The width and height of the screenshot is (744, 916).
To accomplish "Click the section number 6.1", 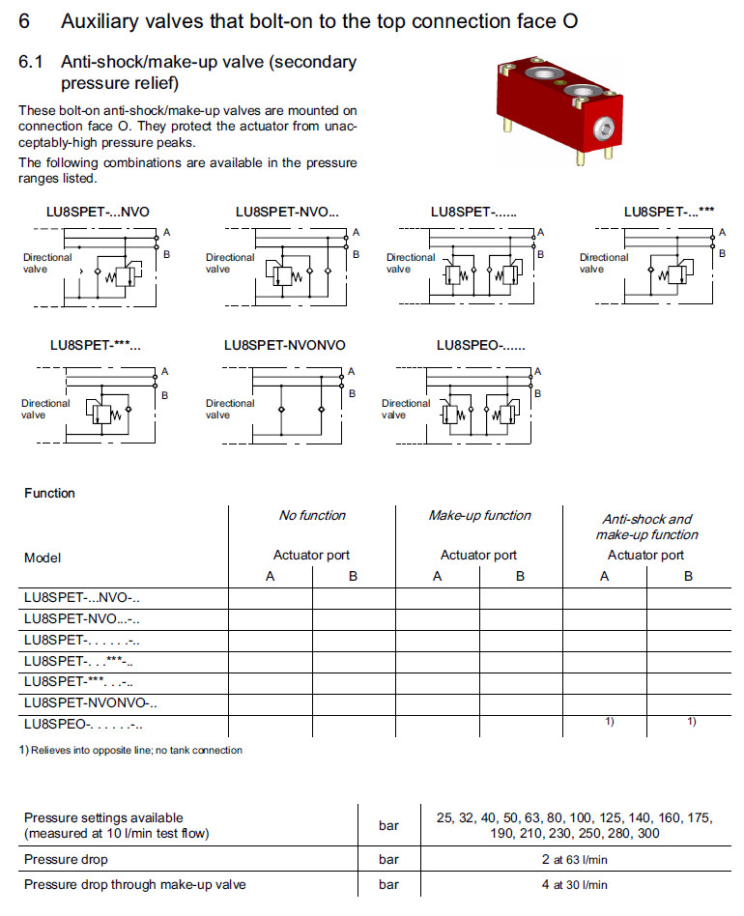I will [x=32, y=62].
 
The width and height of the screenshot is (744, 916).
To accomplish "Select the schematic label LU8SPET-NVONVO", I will [x=284, y=345].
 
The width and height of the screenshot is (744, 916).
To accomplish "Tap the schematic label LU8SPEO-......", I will [x=480, y=345].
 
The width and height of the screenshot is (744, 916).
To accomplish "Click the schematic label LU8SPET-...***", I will [x=669, y=212].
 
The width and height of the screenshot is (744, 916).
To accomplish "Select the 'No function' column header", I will [x=312, y=516].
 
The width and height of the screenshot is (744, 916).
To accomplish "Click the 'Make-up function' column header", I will [x=479, y=516].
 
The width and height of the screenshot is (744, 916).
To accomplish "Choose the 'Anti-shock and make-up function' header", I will [x=646, y=527].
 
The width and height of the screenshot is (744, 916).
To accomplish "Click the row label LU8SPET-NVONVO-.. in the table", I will [x=91, y=702].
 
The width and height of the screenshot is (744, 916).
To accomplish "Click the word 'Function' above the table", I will [x=49, y=493].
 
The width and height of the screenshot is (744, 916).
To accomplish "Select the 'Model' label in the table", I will [x=43, y=558].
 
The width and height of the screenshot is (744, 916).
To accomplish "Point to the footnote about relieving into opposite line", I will [x=130, y=750].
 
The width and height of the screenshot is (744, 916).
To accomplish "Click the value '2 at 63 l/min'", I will [x=574, y=859].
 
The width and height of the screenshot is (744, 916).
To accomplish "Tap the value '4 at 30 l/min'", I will [x=574, y=884].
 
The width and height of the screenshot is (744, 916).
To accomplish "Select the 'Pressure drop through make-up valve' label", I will [x=135, y=884].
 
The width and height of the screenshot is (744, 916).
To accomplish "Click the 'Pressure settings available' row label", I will [x=103, y=818].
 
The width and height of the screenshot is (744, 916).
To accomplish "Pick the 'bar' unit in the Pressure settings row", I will [x=388, y=826].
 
